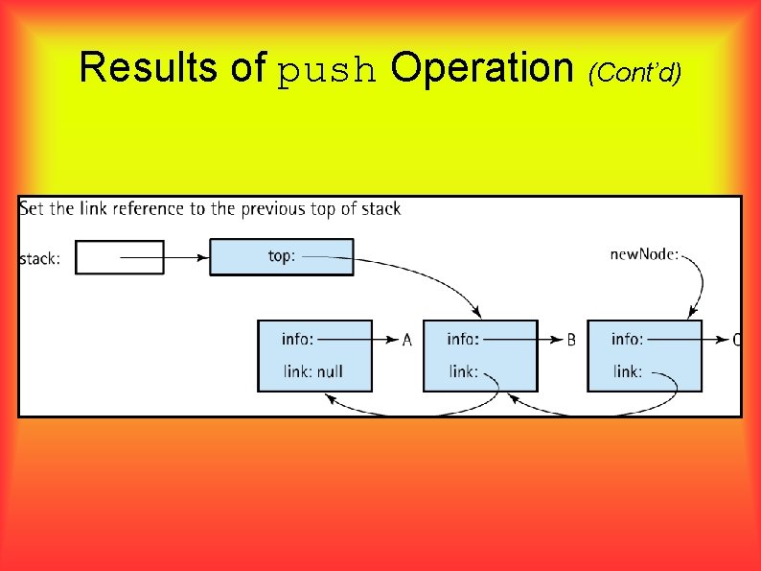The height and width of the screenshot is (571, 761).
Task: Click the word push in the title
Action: coord(328,71)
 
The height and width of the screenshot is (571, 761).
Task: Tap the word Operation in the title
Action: coord(482,67)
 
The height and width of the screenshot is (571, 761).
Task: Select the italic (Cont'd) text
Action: coord(635,70)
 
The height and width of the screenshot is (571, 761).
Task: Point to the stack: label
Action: coord(40,258)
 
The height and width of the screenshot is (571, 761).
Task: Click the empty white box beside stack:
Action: coord(120,256)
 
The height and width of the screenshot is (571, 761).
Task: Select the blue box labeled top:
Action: coord(282,256)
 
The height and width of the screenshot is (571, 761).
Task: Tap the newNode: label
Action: coord(644,254)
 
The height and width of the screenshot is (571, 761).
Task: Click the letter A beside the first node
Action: coord(407,340)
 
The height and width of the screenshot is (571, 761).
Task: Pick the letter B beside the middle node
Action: coord(571,340)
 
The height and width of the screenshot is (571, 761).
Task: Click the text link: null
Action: coord(313,371)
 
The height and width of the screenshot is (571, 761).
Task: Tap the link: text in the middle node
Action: coord(463,371)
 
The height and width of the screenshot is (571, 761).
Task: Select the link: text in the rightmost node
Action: coord(628,371)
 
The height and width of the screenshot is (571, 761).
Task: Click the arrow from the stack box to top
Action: coord(163,256)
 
